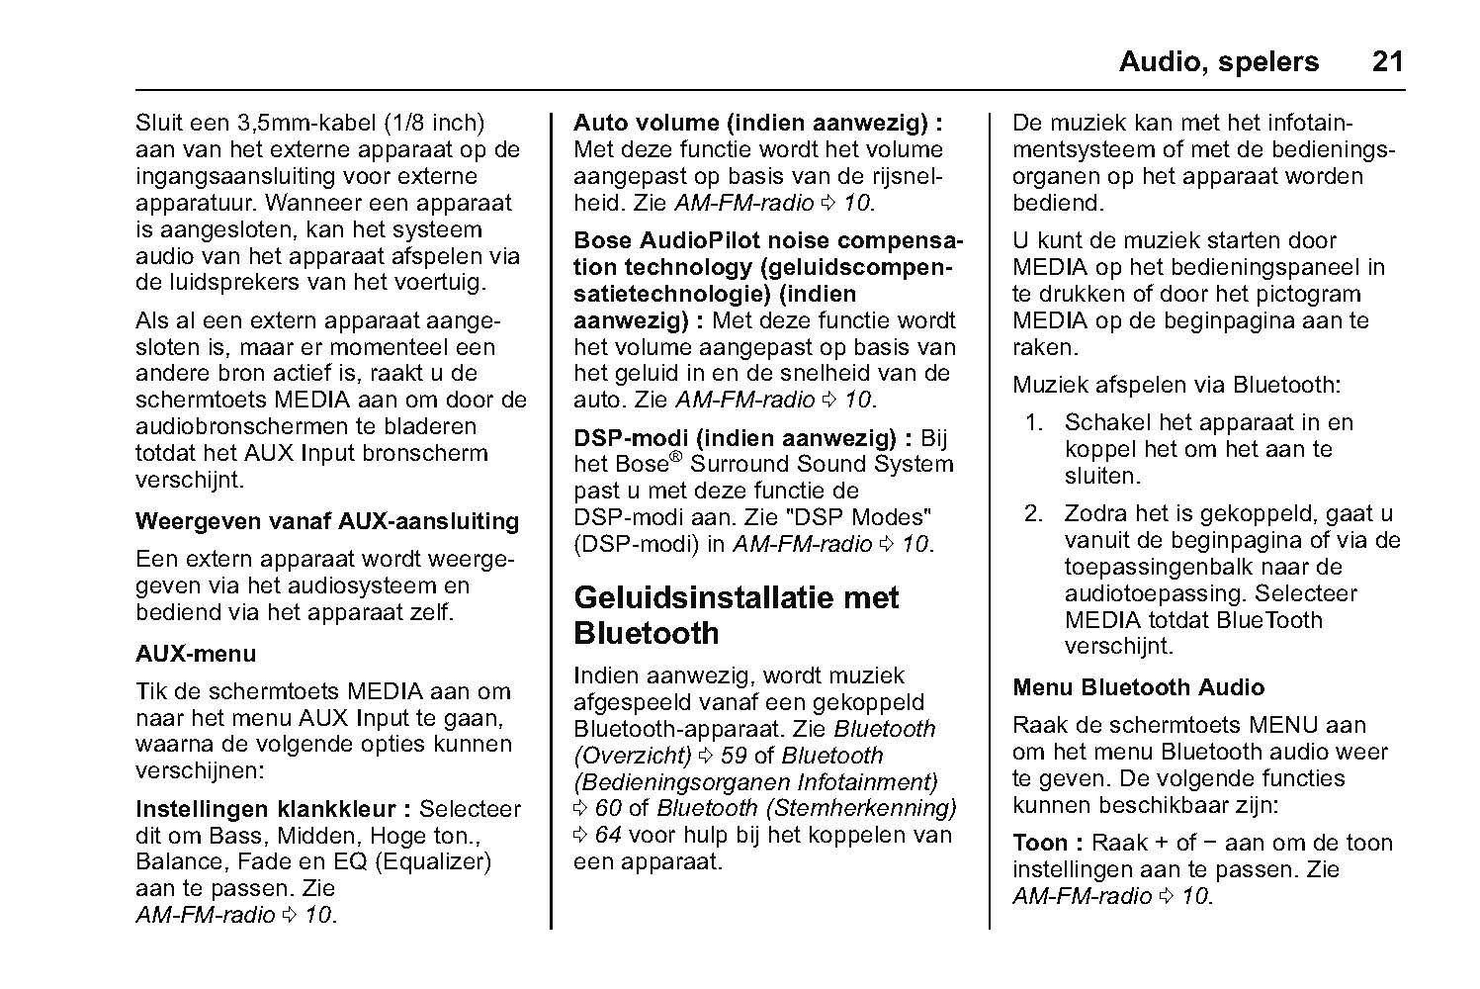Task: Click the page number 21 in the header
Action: click(1387, 61)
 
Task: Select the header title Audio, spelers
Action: click(1218, 61)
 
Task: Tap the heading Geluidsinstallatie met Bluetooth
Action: click(736, 615)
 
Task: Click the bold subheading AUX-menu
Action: click(196, 654)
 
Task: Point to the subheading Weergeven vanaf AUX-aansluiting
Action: click(327, 521)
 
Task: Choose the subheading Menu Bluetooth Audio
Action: click(1138, 687)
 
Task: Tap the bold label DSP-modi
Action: click(634, 438)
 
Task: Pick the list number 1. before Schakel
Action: click(1034, 423)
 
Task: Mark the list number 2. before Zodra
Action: click(1034, 514)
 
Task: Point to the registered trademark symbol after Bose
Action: click(676, 458)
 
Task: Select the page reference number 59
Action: click(734, 756)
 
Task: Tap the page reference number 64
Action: click(607, 836)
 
